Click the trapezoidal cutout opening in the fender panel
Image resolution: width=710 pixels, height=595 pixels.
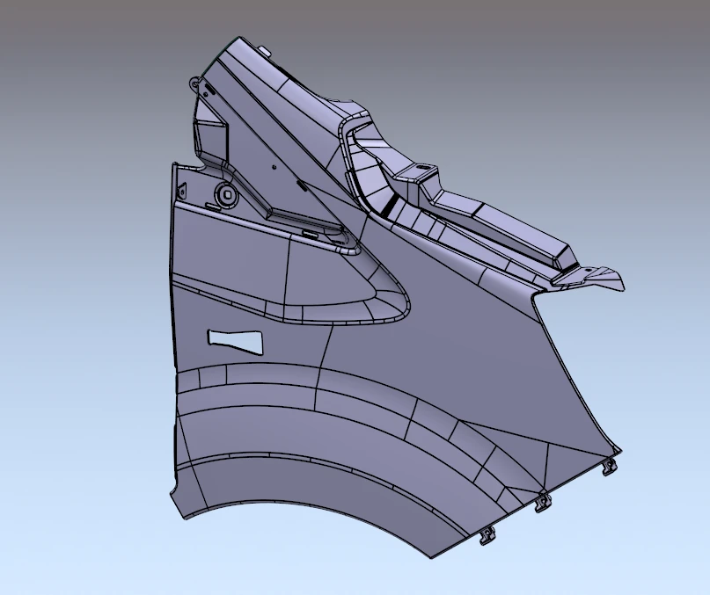235,339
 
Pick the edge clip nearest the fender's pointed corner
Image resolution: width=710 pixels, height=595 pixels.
610,467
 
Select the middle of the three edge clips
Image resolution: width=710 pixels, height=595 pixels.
542,502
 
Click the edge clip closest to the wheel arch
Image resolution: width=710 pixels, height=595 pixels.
486,534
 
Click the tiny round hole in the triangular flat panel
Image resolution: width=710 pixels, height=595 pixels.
274,165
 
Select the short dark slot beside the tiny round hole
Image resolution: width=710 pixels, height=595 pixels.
302,185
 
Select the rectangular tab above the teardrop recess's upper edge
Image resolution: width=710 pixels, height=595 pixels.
311,234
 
